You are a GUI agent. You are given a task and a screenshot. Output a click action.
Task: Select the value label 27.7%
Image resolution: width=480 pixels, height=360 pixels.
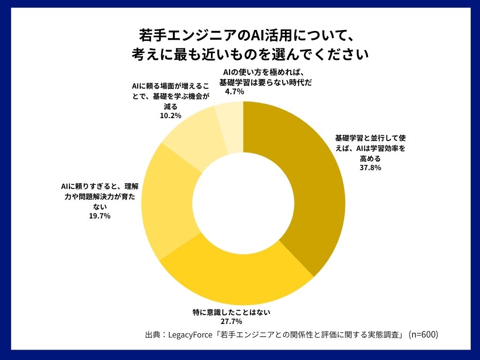[x=231, y=321]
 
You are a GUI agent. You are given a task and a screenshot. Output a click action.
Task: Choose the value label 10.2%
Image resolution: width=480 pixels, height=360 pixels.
[x=171, y=116]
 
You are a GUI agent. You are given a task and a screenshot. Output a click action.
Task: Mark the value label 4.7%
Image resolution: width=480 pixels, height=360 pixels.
[x=234, y=92]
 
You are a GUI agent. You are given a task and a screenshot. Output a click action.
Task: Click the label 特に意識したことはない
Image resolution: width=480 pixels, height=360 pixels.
[x=232, y=312]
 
